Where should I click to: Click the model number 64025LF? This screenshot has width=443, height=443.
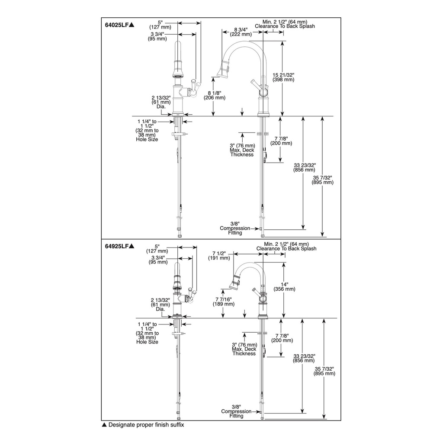point(117,25)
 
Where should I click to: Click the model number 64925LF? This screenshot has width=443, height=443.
point(117,246)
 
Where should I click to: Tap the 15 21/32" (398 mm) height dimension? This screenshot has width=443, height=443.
point(283,77)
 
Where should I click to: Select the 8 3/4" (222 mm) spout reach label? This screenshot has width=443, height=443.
point(241,32)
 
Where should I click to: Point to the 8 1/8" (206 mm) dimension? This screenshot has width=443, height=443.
point(215,95)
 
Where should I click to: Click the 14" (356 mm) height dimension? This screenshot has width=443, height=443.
point(284,286)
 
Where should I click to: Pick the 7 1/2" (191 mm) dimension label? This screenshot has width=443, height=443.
point(219,255)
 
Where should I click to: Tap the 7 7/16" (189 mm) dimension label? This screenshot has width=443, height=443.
point(224,302)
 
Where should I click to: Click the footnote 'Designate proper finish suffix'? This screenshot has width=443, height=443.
point(146,425)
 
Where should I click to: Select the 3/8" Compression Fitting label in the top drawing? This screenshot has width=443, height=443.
point(235,228)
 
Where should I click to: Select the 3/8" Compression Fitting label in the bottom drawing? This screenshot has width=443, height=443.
point(236,411)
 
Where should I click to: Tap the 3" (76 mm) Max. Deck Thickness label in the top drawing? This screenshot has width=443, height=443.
point(242,150)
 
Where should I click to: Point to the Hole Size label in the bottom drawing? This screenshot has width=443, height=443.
point(147,342)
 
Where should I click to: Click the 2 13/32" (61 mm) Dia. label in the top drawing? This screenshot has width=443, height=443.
point(161,102)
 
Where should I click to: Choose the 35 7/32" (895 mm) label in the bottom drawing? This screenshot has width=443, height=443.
point(324,371)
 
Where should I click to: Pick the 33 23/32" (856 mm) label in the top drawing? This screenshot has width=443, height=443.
point(305,167)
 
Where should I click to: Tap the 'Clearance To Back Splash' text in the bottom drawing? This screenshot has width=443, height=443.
point(286,249)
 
